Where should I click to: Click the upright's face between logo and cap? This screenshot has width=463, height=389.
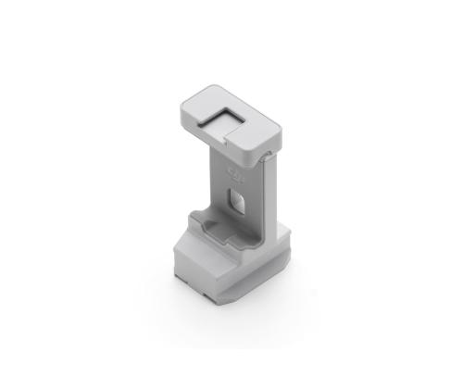239,162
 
